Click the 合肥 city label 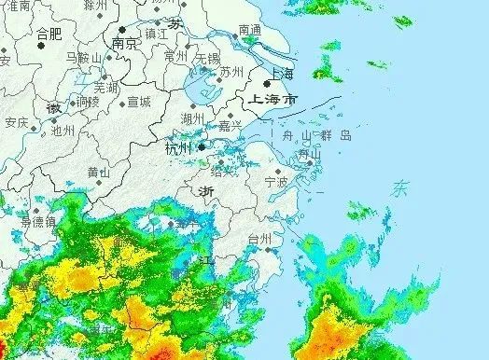click(49, 35)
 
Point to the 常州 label click(175, 56)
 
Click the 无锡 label click(207, 58)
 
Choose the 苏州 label click(231, 72)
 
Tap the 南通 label click(250, 30)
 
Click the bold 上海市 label click(269, 98)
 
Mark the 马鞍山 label click(82, 58)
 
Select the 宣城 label click(138, 102)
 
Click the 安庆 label click(16, 122)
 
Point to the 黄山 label click(99, 172)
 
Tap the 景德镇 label click(37, 221)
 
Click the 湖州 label click(192, 118)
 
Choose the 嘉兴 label click(230, 125)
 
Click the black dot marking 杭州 click(200, 146)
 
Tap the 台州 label click(259, 240)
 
